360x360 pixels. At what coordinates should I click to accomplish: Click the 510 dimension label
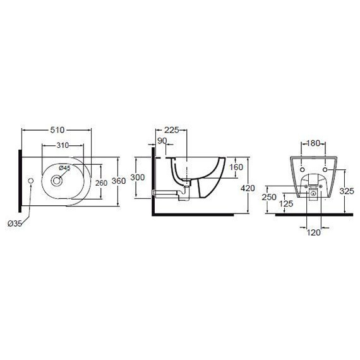[x=57, y=130]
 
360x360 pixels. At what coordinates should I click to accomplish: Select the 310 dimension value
[x=63, y=145]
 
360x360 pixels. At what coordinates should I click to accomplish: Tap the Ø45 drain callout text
[x=64, y=168]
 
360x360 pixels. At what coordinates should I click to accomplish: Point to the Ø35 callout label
[x=15, y=224]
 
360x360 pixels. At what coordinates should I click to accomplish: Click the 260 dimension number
[x=101, y=183]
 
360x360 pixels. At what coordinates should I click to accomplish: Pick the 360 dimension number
[x=119, y=181]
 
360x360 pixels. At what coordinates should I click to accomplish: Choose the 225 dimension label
[x=172, y=130]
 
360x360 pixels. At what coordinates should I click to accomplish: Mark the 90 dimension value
[x=162, y=141]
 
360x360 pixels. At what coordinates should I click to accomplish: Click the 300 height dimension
[x=138, y=177]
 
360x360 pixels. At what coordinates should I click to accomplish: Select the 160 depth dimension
[x=236, y=167]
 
